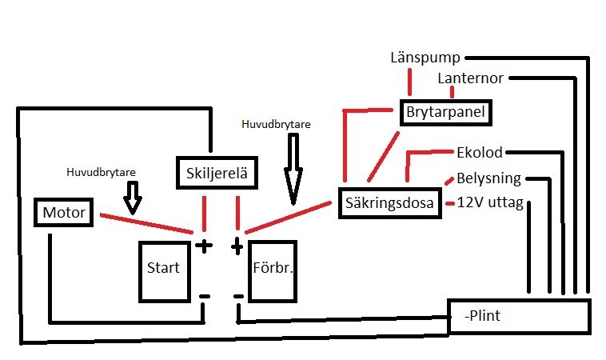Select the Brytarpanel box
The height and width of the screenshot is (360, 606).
(445, 112)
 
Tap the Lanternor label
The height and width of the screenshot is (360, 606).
(471, 78)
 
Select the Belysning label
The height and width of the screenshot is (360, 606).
(488, 178)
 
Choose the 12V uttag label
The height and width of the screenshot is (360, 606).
(488, 202)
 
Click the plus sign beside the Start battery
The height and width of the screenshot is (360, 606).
(204, 246)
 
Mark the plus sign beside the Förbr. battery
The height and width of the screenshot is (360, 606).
(237, 246)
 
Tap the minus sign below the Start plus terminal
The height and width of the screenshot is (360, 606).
(204, 297)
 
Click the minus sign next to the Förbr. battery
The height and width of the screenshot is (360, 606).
(237, 297)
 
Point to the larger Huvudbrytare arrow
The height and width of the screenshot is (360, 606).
(293, 166)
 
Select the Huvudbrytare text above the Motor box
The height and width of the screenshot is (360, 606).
(101, 171)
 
